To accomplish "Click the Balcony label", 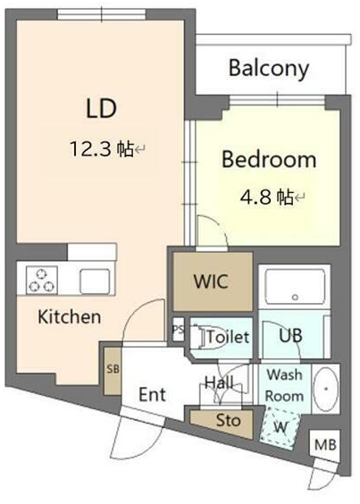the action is click(269, 69).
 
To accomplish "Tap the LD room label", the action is click(101, 108).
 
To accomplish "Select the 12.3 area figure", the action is click(90, 149).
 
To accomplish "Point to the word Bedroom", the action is click(269, 159).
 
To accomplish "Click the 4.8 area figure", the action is click(257, 197).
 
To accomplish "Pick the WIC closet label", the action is click(211, 281).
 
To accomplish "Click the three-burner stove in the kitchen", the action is click(42, 280).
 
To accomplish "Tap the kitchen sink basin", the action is click(95, 281).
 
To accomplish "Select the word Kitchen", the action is click(70, 316).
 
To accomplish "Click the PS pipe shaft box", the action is click(179, 330).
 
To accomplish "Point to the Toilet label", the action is click(228, 337).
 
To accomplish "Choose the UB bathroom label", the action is click(290, 336).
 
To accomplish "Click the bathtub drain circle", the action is click(295, 298).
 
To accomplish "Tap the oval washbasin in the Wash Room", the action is click(326, 389).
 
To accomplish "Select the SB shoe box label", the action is click(113, 369).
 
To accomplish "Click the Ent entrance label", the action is click(153, 394).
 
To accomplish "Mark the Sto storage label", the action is click(228, 420).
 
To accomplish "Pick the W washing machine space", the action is click(280, 428).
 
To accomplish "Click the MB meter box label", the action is click(325, 445).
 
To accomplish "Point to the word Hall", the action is click(219, 382).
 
